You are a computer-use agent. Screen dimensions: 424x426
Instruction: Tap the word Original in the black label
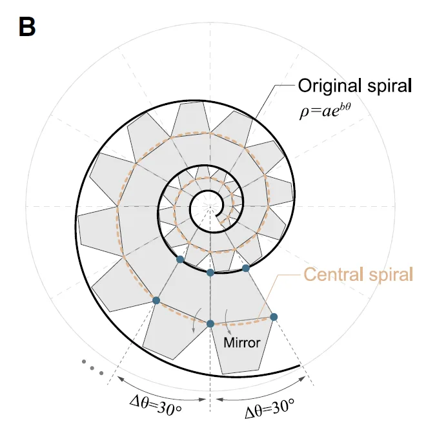pos(327,86)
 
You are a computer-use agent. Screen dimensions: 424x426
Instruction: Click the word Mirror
pos(241,342)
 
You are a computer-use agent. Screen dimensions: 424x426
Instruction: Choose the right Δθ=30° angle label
pos(269,406)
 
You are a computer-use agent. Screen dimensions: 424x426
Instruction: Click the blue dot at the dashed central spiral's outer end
pos(274,316)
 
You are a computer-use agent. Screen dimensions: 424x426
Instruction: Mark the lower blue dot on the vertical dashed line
pos(210,323)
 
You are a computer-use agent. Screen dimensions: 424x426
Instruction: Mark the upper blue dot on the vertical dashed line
pos(210,273)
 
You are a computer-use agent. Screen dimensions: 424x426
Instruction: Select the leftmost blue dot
pos(156,300)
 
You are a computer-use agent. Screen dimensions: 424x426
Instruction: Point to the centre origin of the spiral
pos(210,207)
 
